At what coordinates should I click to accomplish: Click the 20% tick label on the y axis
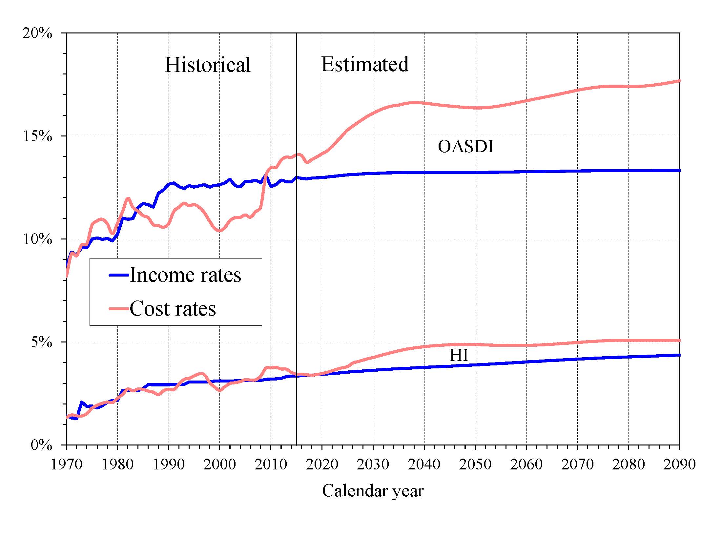click(x=37, y=33)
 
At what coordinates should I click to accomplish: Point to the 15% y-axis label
click(x=37, y=136)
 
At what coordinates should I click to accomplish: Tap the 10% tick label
click(x=37, y=239)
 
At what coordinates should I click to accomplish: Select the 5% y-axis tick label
click(x=41, y=342)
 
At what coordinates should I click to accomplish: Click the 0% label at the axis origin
click(x=41, y=445)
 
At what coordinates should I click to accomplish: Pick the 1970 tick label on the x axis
click(x=67, y=465)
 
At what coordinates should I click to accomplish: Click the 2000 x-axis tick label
click(x=219, y=465)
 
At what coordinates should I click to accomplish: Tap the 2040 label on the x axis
click(x=424, y=465)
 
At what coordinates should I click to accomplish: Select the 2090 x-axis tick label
click(x=679, y=465)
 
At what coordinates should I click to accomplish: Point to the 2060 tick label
click(x=526, y=465)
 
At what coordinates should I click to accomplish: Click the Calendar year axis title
click(x=373, y=491)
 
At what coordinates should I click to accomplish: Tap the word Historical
click(x=208, y=65)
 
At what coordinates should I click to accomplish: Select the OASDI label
click(x=465, y=146)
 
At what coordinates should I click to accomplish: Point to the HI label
click(x=459, y=355)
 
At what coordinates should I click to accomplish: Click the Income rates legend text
click(x=185, y=275)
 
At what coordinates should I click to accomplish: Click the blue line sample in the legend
click(x=119, y=275)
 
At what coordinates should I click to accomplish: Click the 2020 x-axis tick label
click(x=322, y=465)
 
